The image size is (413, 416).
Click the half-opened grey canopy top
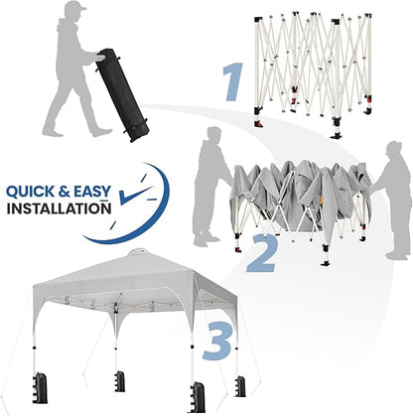298,194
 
